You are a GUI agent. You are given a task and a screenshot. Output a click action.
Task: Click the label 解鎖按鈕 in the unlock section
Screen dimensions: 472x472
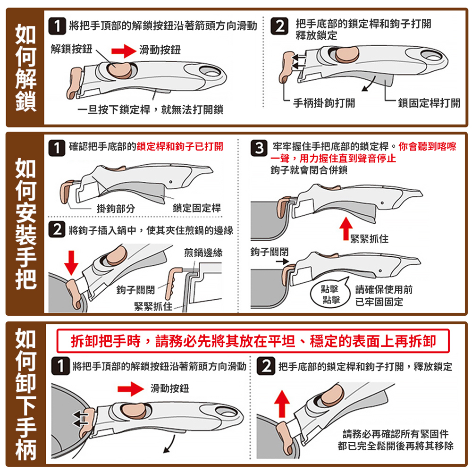point(71,49)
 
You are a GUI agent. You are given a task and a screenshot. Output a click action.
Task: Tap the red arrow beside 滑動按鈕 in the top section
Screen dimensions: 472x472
point(124,51)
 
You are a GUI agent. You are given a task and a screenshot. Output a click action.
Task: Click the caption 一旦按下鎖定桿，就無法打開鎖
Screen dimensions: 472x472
point(150,110)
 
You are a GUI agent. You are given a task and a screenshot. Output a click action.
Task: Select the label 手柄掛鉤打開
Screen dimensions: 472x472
point(324,103)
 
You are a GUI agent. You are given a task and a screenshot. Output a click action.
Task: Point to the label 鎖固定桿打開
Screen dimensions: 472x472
point(429,103)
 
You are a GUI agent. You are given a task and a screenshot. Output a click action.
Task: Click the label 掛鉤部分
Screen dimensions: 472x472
point(116,208)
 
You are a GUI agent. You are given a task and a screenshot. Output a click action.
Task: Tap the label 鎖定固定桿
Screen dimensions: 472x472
point(197,208)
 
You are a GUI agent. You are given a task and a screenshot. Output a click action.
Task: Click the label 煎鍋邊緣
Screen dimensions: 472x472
point(203,253)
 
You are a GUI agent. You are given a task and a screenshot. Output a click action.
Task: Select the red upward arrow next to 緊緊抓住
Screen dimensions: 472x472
point(346,228)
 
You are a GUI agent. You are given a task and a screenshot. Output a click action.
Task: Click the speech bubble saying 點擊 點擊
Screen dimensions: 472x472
point(330,294)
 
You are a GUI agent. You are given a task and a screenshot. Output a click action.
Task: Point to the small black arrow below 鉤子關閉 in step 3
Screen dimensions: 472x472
point(282,261)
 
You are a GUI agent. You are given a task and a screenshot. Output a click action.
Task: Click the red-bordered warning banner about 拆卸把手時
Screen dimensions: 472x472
point(253,341)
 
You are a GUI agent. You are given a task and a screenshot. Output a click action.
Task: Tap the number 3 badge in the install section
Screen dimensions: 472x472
point(259,148)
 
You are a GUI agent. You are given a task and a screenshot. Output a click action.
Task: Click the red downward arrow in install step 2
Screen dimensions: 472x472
point(71,262)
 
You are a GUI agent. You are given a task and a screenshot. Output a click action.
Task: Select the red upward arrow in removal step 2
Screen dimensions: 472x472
point(282,404)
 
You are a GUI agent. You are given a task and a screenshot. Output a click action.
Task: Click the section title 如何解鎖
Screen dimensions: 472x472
point(25,67)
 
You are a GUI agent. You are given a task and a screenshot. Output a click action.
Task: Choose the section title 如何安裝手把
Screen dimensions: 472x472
point(26,223)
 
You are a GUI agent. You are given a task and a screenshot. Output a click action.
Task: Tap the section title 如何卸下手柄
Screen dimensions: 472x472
point(26,394)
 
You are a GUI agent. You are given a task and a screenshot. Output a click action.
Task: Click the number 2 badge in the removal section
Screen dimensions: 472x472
point(266,366)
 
